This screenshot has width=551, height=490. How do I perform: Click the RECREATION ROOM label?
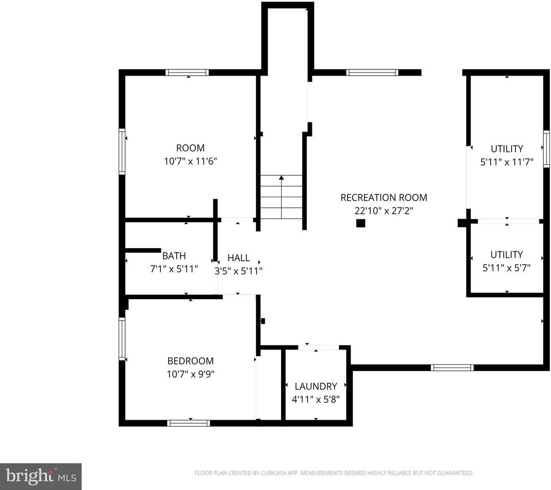tap(383, 198)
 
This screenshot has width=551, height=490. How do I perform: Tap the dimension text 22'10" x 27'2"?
tap(383, 210)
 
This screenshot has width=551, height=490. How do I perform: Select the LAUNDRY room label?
tap(315, 386)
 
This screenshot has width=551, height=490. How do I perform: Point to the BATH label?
tap(174, 256)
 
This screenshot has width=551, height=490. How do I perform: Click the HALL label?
tap(238, 258)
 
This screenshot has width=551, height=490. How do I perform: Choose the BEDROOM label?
tap(191, 361)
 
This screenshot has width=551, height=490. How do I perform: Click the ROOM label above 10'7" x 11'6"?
tap(190, 148)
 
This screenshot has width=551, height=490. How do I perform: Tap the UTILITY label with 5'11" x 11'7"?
tap(507, 149)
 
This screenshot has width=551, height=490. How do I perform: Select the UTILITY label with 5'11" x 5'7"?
tap(507, 254)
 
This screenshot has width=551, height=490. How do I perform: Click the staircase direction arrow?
tap(281, 178)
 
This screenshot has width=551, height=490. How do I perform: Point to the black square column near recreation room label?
tap(360, 223)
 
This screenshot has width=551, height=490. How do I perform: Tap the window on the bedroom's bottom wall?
tap(189, 423)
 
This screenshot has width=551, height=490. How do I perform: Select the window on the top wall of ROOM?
tap(187, 72)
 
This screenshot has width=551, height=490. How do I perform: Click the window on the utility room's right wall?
tap(546, 149)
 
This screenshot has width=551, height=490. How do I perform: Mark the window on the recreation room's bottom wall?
tap(452, 367)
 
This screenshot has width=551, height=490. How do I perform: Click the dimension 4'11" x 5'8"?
tap(315, 399)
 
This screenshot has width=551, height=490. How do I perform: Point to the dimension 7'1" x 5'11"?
tap(174, 268)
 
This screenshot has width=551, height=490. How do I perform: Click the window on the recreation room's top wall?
tap(372, 72)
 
